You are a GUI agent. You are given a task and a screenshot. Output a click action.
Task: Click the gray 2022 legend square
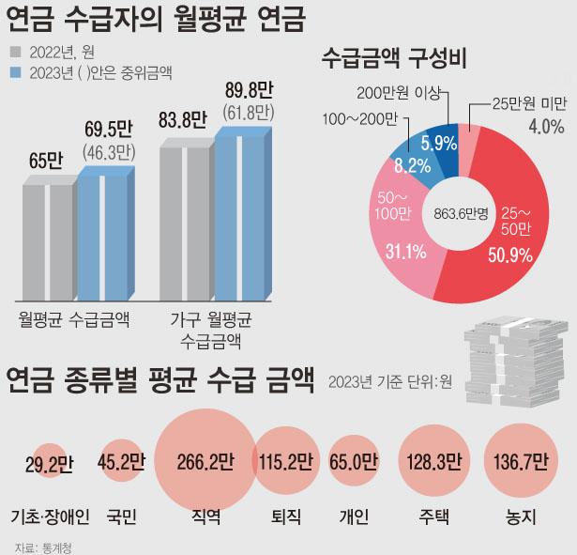pos(15,52)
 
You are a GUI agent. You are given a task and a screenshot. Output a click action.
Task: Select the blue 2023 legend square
pos(15,71)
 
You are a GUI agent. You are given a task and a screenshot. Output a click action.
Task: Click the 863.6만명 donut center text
pos(461,212)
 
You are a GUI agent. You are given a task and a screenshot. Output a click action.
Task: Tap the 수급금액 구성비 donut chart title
pos(394,58)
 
